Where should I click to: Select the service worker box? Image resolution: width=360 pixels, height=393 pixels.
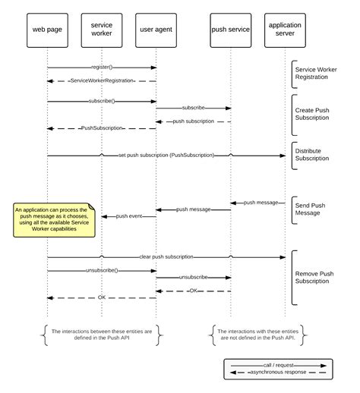[x=101, y=30]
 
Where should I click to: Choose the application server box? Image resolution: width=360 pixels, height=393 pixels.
[x=285, y=30]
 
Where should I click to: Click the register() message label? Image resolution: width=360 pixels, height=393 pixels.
[x=101, y=68]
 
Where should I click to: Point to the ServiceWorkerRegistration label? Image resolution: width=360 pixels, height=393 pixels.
[x=101, y=80]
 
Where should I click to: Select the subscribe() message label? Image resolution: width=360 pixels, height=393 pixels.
[x=101, y=101]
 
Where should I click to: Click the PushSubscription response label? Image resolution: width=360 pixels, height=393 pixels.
[x=101, y=128]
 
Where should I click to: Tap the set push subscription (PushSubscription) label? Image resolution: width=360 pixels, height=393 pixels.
[x=166, y=156]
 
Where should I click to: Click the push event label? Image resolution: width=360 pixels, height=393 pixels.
[x=129, y=216]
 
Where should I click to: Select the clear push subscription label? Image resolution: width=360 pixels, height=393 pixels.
[x=166, y=256]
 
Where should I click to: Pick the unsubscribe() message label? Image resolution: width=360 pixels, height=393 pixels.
[x=101, y=270]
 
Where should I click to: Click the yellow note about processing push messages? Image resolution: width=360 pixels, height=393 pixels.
[x=52, y=219]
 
